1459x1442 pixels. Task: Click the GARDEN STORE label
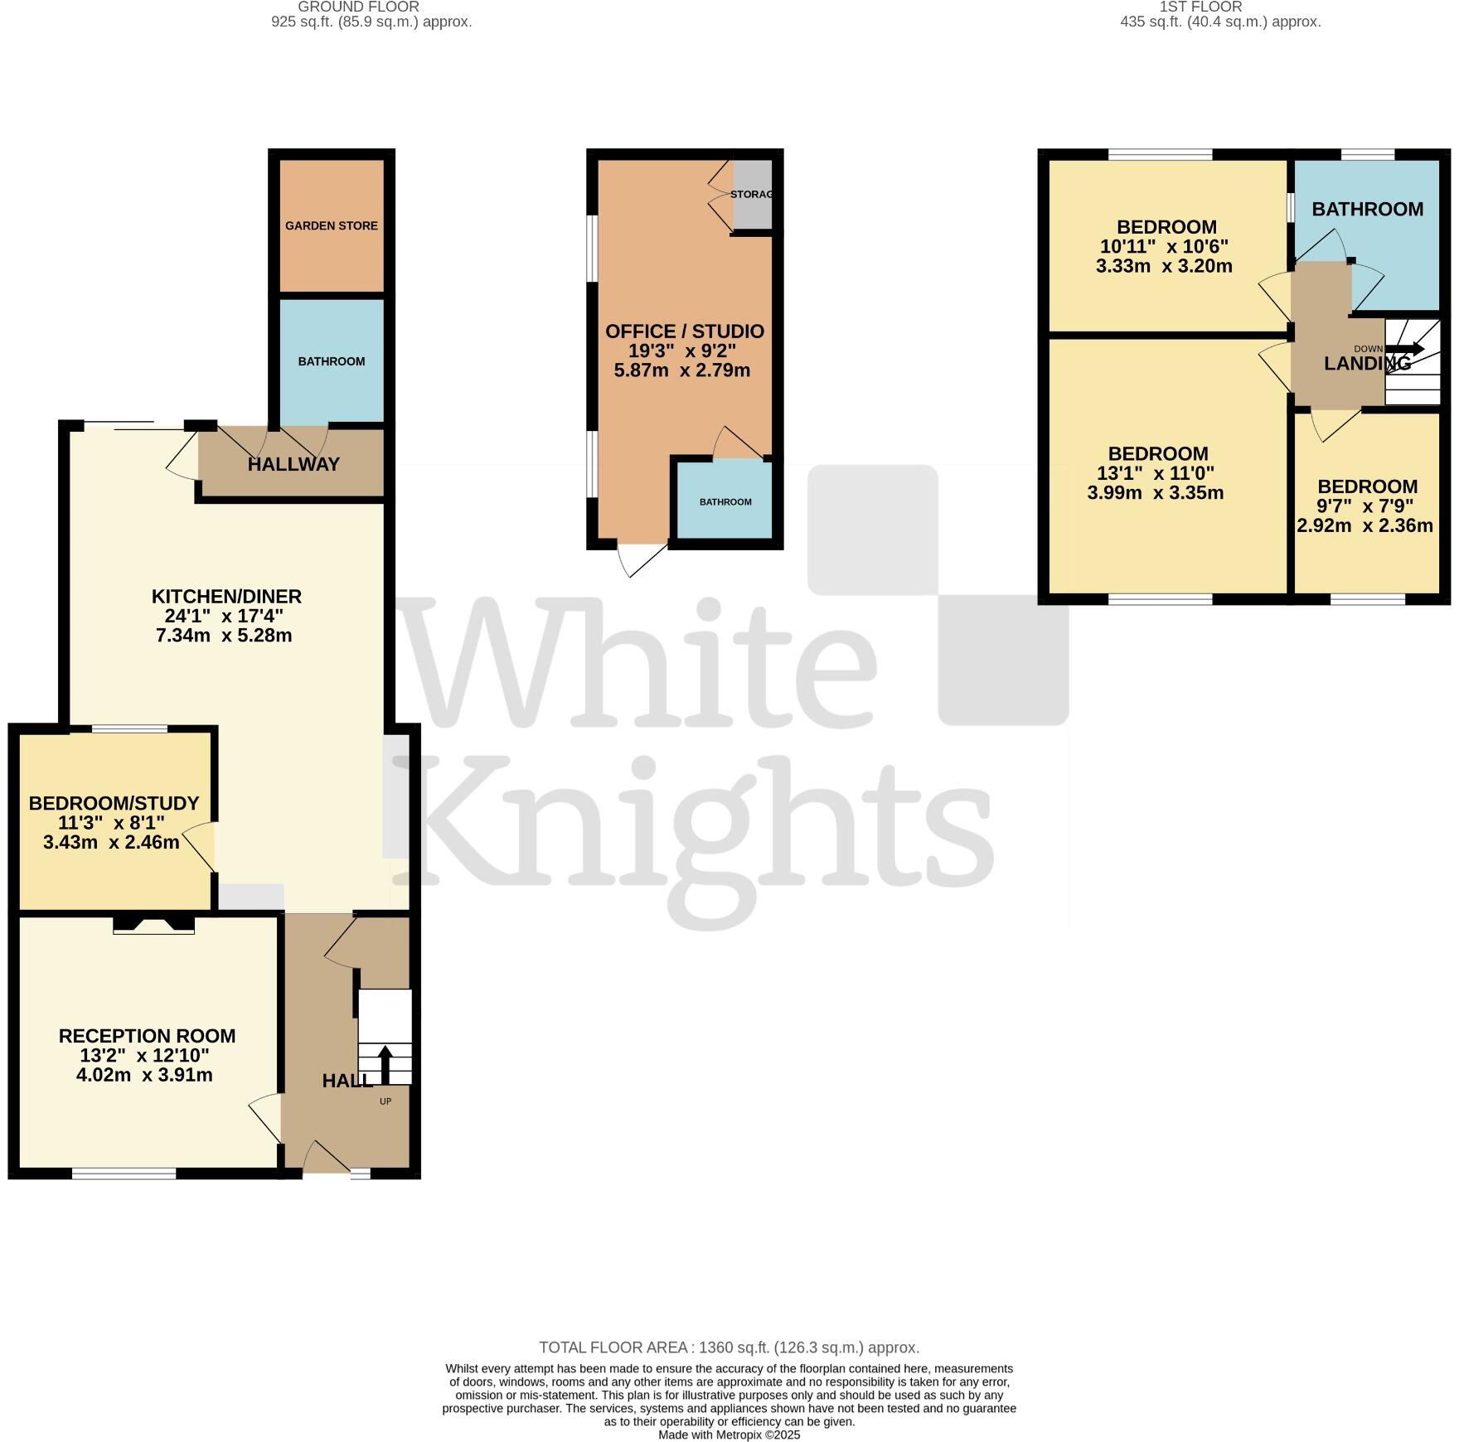pyautogui.click(x=332, y=225)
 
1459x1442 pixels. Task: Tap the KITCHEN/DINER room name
pyautogui.click(x=226, y=596)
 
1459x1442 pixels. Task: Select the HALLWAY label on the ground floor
pyautogui.click(x=293, y=464)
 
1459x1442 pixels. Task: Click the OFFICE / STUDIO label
pyautogui.click(x=685, y=331)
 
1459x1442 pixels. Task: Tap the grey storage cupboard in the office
pyautogui.click(x=753, y=195)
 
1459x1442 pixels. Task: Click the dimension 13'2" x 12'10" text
pyautogui.click(x=147, y=1056)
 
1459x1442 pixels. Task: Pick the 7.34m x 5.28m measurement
pyautogui.click(x=224, y=636)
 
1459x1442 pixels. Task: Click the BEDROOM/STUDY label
pyautogui.click(x=114, y=803)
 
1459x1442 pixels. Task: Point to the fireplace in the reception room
pyautogui.click(x=153, y=924)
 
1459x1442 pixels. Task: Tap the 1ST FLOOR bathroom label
pyautogui.click(x=1368, y=209)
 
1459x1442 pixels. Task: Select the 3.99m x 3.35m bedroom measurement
pyautogui.click(x=1156, y=493)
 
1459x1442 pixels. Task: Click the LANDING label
pyautogui.click(x=1367, y=363)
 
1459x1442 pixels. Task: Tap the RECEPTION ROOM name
pyautogui.click(x=147, y=1036)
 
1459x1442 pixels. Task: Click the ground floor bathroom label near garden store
pyautogui.click(x=332, y=361)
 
